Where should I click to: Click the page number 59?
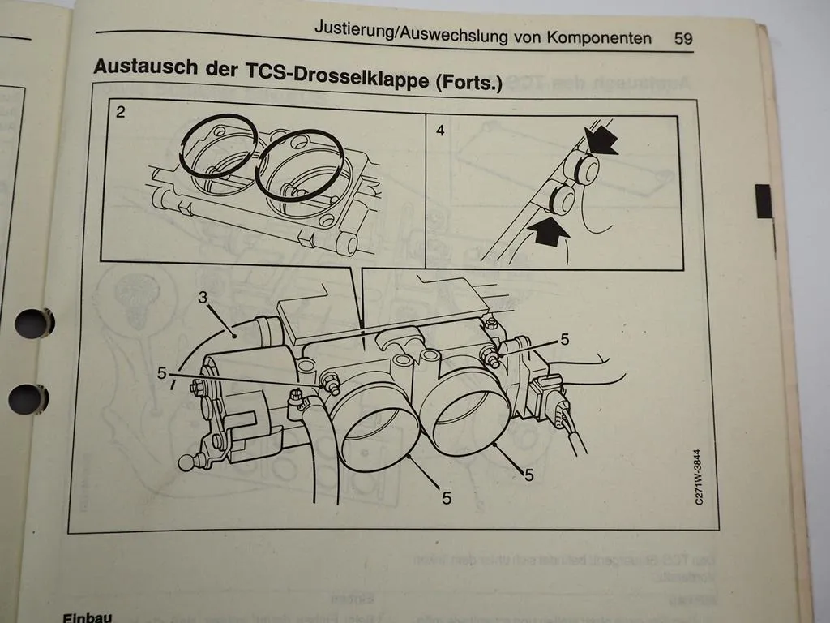683,38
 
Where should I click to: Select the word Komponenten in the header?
599,37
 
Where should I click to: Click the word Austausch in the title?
140,67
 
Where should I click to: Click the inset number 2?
120,113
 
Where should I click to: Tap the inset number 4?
439,129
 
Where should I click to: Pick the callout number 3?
203,298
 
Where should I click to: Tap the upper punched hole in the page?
33,323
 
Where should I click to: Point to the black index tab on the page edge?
764,201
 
